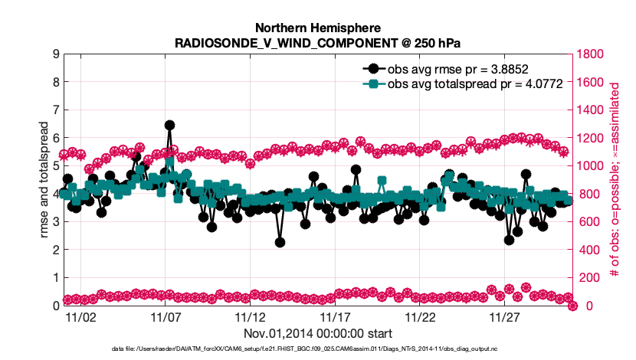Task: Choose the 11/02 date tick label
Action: (80, 316)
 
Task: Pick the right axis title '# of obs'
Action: (615, 180)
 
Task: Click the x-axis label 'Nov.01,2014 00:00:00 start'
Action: (318, 333)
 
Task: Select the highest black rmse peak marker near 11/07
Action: (169, 125)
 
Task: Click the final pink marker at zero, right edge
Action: (572, 306)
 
